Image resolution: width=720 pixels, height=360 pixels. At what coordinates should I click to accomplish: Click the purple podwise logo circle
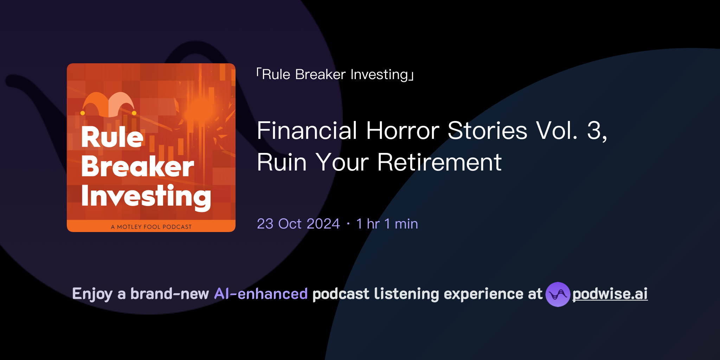tap(558, 294)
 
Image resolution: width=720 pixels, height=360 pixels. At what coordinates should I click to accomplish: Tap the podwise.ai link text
tap(610, 294)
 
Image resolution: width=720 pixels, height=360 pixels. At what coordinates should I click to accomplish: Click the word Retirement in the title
tap(439, 162)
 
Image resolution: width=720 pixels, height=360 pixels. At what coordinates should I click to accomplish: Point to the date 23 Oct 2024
tap(298, 224)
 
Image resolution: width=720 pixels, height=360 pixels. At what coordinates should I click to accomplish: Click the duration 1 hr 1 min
tap(387, 224)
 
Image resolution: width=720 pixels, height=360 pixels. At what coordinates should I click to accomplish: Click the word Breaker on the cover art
tap(137, 167)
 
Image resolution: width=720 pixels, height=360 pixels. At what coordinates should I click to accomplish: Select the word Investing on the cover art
tap(146, 196)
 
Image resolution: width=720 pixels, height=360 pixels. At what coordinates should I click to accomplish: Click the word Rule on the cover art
tap(112, 137)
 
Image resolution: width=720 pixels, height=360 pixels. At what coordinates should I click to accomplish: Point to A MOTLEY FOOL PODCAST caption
tap(151, 227)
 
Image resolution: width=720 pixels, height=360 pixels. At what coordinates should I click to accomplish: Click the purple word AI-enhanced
tap(261, 294)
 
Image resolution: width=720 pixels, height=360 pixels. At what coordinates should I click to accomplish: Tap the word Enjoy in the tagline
tap(92, 294)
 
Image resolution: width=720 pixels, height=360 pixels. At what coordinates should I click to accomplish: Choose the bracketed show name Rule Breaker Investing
tap(335, 75)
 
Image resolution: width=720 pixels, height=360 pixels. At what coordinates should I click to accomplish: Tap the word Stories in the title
tap(487, 131)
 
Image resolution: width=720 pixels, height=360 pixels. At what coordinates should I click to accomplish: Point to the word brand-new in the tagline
tap(169, 294)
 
